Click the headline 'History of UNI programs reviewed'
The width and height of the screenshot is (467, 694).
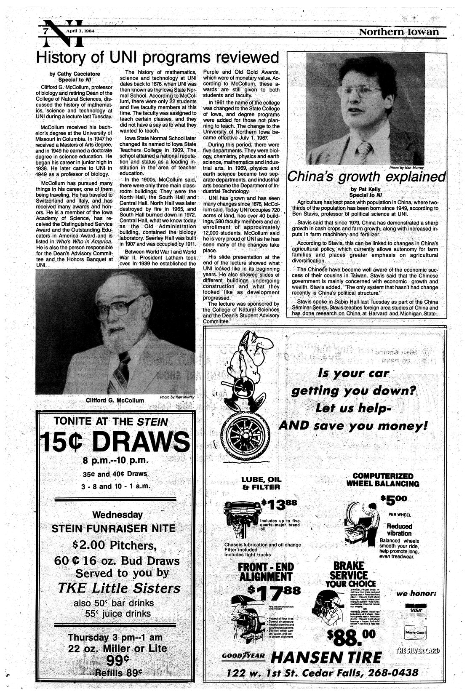coord(157,57)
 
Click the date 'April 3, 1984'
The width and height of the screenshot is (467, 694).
coord(80,31)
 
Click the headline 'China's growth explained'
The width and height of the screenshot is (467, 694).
coord(366,176)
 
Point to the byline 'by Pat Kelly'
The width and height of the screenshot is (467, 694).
coord(366,189)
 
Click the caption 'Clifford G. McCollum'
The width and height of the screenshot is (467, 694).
coord(115,400)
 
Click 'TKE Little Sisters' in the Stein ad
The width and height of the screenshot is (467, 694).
coord(118,588)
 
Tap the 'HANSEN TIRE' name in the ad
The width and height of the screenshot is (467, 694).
coord(326,657)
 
